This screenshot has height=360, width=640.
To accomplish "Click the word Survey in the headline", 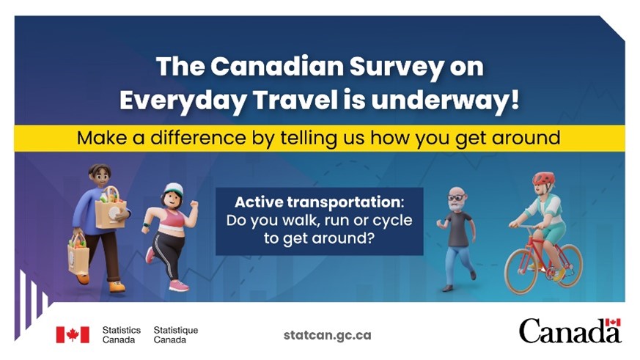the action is coord(397,67).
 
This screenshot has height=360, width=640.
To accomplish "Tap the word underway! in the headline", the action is coord(445,100).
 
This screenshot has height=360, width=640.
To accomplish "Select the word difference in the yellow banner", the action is coord(199,138).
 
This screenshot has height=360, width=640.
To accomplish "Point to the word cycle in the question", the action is coord(393,221).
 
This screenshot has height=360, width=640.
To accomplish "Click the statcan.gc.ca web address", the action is coord(328,336).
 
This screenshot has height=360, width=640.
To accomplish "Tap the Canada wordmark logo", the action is coord(570,331).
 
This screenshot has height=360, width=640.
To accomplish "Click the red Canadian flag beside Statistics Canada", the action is coord(73,334).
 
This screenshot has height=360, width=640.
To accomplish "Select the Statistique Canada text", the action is coord(175,334).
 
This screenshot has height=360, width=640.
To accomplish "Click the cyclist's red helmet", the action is coord(544,178).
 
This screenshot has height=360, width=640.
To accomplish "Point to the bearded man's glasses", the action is coord(456,197).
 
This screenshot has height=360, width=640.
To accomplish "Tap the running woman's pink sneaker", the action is coord(178,285).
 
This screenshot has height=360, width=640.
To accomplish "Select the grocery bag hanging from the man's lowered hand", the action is coord(78,255).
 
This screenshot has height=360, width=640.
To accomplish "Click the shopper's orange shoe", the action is coord(117,287).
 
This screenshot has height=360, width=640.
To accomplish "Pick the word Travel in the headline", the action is coord(295,100).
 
